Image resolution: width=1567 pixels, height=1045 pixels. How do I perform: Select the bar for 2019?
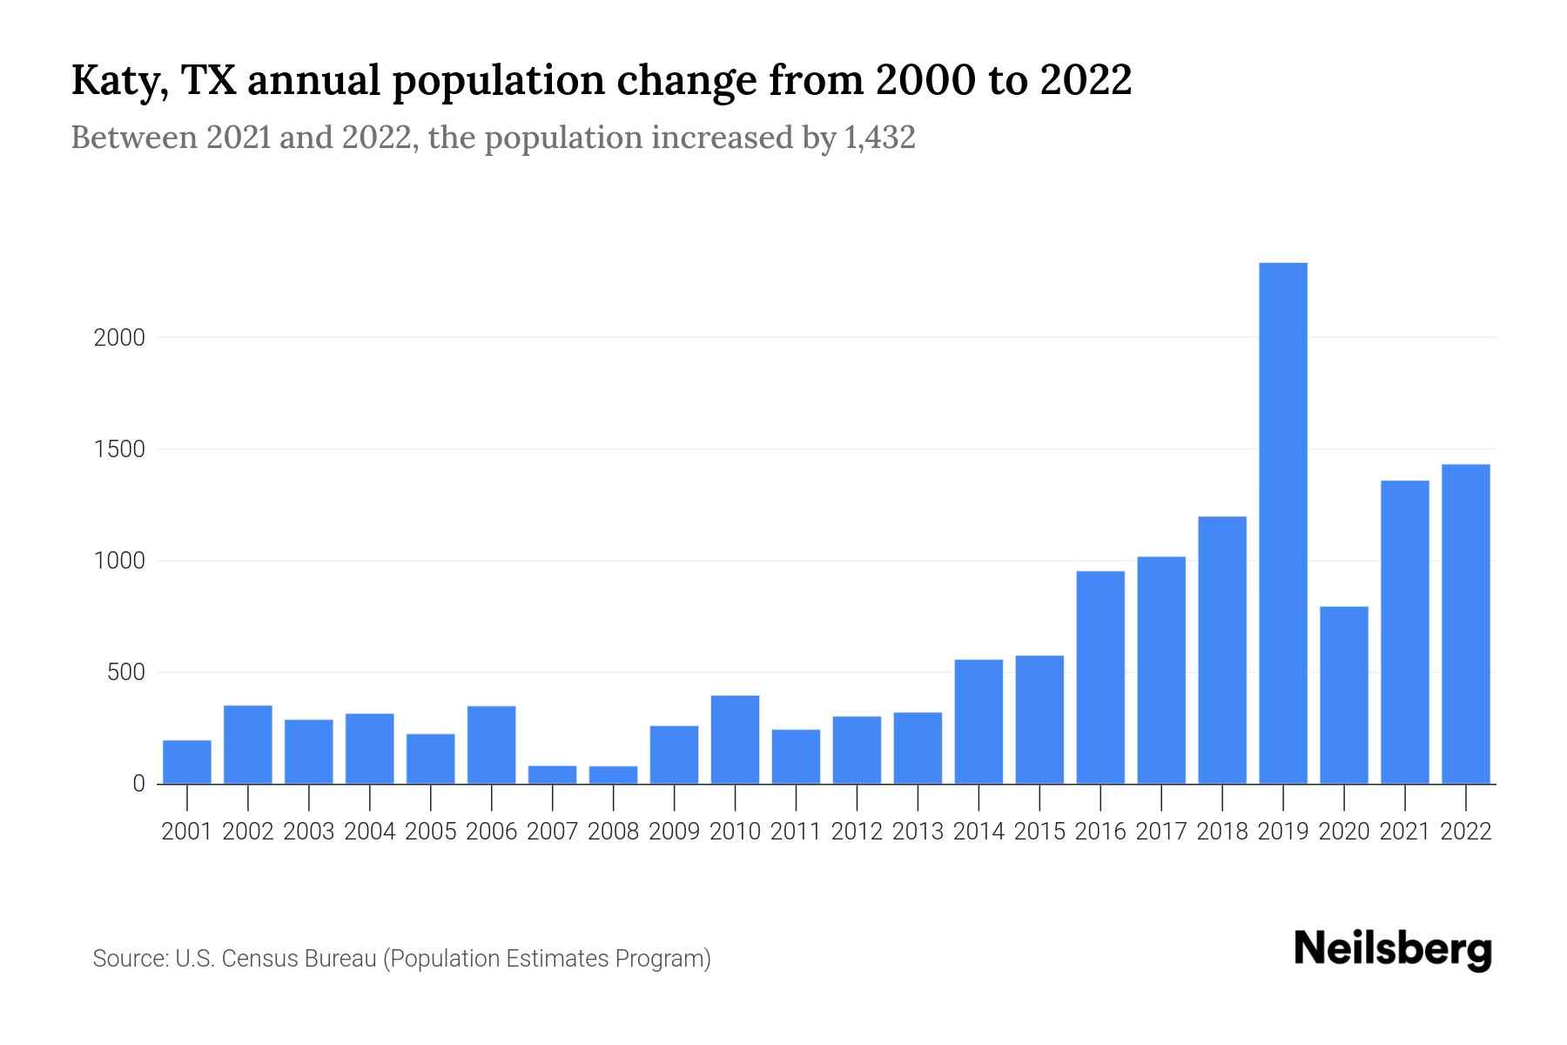(x=1283, y=523)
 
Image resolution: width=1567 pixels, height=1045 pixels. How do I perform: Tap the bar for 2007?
(x=552, y=774)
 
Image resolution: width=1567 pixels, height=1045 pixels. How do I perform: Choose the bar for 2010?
(x=735, y=739)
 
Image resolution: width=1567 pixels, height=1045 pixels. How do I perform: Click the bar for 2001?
(x=187, y=762)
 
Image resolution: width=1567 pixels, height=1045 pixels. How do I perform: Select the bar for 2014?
(x=979, y=722)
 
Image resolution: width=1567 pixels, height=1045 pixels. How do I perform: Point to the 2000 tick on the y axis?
(x=120, y=338)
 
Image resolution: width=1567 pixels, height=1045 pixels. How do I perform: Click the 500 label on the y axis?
(x=126, y=673)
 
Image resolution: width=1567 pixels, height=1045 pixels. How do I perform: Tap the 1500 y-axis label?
(x=120, y=450)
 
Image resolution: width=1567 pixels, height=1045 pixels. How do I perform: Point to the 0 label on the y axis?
(x=138, y=785)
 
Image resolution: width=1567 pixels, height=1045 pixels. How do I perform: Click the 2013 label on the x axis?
(x=918, y=832)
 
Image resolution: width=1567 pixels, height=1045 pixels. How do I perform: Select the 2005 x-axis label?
(x=431, y=832)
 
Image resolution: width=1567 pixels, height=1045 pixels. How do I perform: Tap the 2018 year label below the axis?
(x=1222, y=832)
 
